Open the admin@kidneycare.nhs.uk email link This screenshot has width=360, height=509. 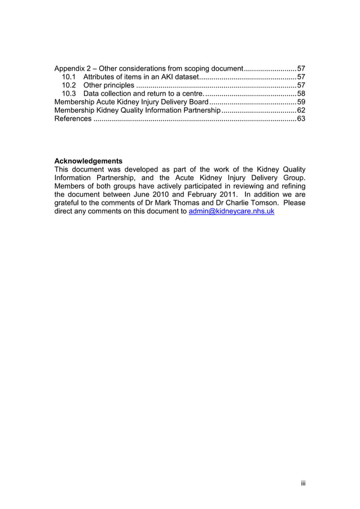click(x=231, y=212)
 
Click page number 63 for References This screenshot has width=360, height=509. click(x=301, y=119)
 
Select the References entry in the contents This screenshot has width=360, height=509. click(x=72, y=119)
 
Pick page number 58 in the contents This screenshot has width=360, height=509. click(x=301, y=94)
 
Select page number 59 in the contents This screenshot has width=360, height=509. click(x=301, y=102)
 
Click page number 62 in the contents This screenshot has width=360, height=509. click(x=301, y=111)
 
